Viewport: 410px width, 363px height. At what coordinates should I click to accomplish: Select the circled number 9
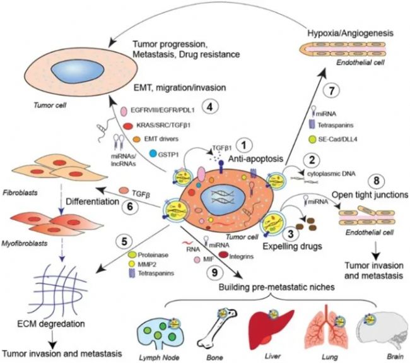point(214,272)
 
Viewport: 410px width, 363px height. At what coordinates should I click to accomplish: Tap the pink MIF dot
point(199,259)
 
